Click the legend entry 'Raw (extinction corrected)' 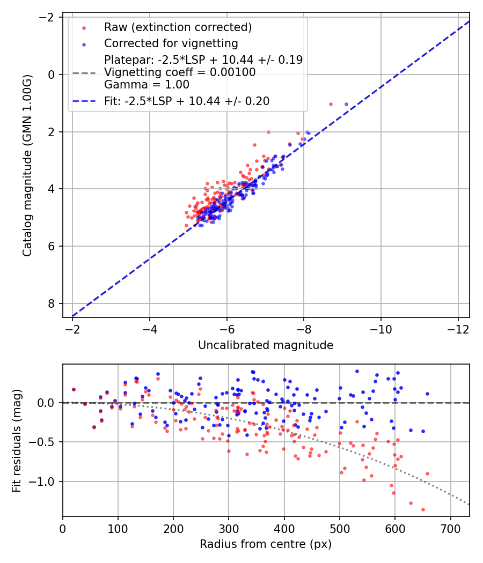178,27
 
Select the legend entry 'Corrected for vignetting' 171,43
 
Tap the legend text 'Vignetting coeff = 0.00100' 180,72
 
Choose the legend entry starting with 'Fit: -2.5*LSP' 187,101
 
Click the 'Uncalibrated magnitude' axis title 266,345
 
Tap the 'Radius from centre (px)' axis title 266,544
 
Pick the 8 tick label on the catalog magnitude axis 52,303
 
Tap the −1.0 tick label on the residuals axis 45,481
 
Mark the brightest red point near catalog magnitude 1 331,104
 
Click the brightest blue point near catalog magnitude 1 346,104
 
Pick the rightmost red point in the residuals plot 427,473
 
